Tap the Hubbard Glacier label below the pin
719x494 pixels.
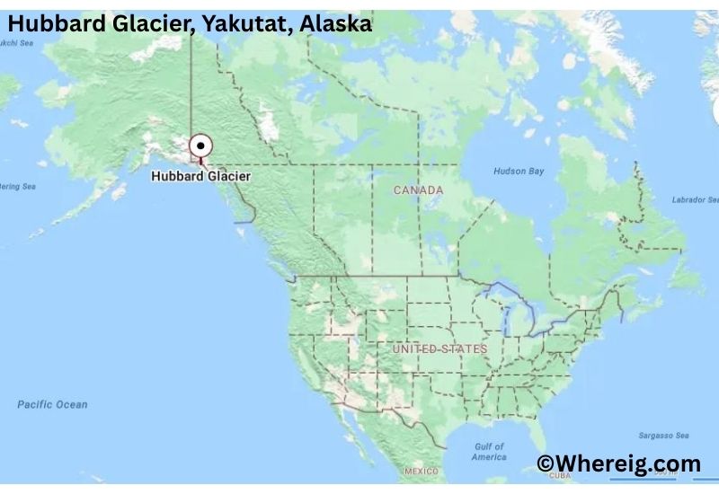[200, 177]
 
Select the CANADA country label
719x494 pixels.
[418, 190]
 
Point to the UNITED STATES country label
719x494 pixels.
[439, 348]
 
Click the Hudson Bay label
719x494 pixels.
[519, 171]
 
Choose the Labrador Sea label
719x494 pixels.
[697, 199]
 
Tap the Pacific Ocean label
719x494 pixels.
[52, 405]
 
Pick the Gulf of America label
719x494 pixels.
[490, 452]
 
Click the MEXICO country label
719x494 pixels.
[421, 472]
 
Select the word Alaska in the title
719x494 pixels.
[335, 24]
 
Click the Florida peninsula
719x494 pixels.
[543, 436]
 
